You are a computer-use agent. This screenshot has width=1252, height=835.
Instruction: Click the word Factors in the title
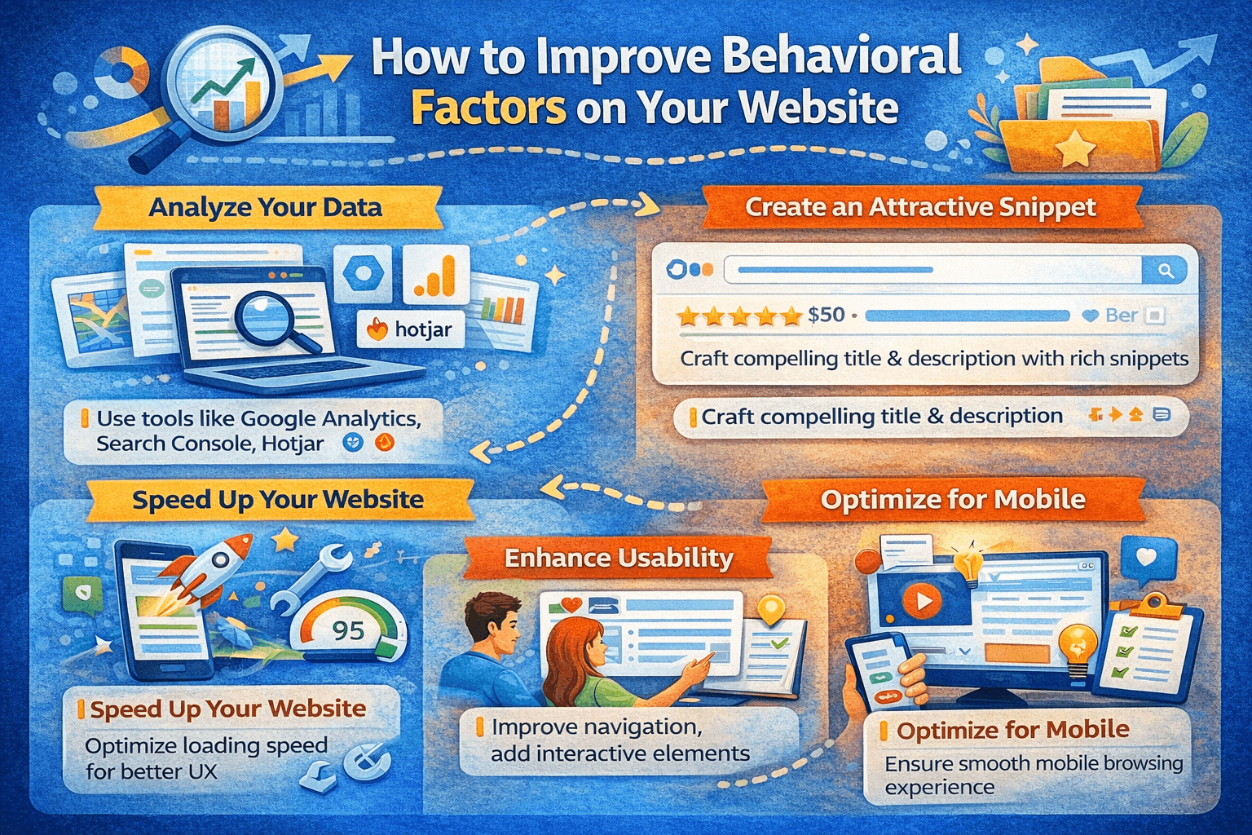tap(488, 108)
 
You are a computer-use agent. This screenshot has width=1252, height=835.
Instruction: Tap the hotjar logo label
tap(411, 329)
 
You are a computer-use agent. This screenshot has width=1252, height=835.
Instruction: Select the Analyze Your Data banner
tap(267, 207)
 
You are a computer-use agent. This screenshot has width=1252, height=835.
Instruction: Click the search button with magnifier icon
tap(1165, 271)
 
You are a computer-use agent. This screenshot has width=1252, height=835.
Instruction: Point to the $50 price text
tap(826, 315)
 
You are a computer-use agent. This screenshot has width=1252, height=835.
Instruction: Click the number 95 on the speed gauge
tap(348, 631)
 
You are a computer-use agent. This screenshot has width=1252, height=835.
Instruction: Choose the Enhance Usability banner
tap(618, 558)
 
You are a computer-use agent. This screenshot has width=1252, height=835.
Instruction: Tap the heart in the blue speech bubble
tap(1146, 556)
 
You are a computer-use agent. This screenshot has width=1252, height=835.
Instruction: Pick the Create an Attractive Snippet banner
tap(920, 207)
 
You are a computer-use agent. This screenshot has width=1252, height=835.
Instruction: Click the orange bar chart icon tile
tap(436, 275)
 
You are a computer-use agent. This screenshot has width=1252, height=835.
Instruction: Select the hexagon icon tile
tap(364, 273)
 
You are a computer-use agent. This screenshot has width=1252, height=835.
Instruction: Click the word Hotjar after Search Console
tap(293, 444)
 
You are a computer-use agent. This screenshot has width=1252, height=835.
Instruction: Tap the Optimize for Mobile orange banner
tap(953, 500)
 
